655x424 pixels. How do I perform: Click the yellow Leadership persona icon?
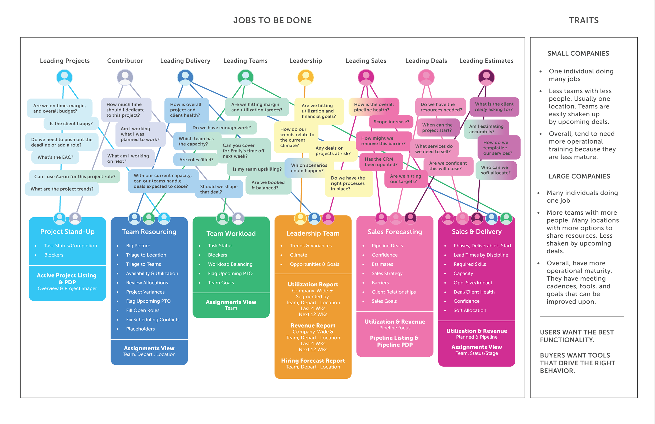click(x=305, y=77)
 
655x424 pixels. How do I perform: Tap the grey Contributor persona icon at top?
click(x=125, y=77)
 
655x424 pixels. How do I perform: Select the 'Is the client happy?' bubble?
click(x=71, y=124)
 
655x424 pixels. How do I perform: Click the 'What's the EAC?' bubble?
click(x=55, y=157)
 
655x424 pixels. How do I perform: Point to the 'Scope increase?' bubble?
click(x=391, y=122)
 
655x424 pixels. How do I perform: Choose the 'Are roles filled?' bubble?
click(x=196, y=160)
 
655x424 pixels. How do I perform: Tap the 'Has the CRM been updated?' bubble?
click(x=381, y=162)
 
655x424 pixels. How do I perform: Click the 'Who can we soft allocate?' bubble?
click(x=495, y=170)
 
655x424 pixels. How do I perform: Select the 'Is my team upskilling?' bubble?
click(x=257, y=169)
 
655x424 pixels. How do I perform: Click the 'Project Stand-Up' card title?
click(x=67, y=232)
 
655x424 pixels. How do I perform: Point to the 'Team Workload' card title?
click(x=231, y=233)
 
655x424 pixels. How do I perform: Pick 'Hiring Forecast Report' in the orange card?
click(x=313, y=361)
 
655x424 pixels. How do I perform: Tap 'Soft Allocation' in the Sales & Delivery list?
click(x=470, y=310)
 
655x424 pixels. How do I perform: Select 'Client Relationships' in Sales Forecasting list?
click(x=394, y=292)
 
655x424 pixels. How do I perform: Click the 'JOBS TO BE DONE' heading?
click(x=272, y=20)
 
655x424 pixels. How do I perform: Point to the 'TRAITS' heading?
click(x=584, y=20)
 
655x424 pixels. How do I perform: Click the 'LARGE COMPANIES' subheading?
click(x=579, y=176)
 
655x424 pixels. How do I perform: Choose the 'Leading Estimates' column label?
click(x=486, y=61)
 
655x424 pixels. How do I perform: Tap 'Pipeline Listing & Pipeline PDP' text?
click(x=395, y=341)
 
